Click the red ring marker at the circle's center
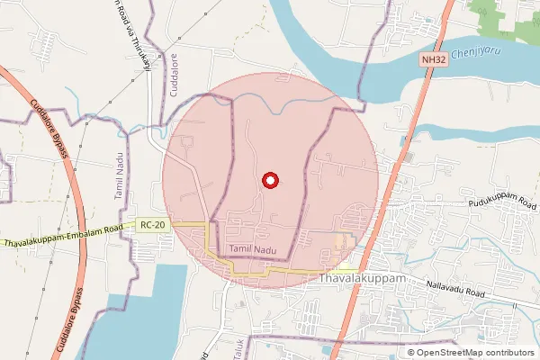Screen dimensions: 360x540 [268, 181]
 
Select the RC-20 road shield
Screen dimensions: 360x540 [154, 225]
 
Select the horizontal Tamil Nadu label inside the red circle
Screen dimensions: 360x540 [251, 247]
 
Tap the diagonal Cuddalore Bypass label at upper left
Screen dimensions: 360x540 [49, 131]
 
